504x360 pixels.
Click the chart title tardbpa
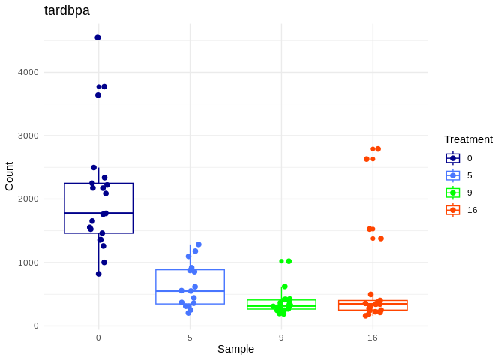[x=67, y=10]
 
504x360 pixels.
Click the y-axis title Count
[x=9, y=176]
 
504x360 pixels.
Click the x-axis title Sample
[x=235, y=349]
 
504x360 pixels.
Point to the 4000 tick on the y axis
[x=28, y=72]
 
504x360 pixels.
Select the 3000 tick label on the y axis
[x=28, y=136]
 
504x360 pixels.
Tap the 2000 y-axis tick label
[x=28, y=199]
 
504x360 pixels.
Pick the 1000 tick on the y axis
[x=28, y=262]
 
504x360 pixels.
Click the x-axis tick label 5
[x=190, y=337]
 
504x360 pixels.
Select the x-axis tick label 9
[x=281, y=337]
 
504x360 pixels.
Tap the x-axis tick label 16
[x=373, y=337]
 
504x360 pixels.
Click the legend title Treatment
[x=468, y=139]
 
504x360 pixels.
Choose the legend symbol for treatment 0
[x=453, y=158]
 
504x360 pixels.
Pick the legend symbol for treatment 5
[x=453, y=175]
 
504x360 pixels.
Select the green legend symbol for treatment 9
[x=453, y=193]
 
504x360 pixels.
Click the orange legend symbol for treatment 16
[x=453, y=210]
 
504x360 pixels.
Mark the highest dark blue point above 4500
[x=97, y=37]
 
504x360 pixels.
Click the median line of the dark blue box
[x=98, y=214]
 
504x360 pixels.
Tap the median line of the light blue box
[x=190, y=290]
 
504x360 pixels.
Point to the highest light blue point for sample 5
[x=199, y=244]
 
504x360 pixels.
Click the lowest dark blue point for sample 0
[x=98, y=274]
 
